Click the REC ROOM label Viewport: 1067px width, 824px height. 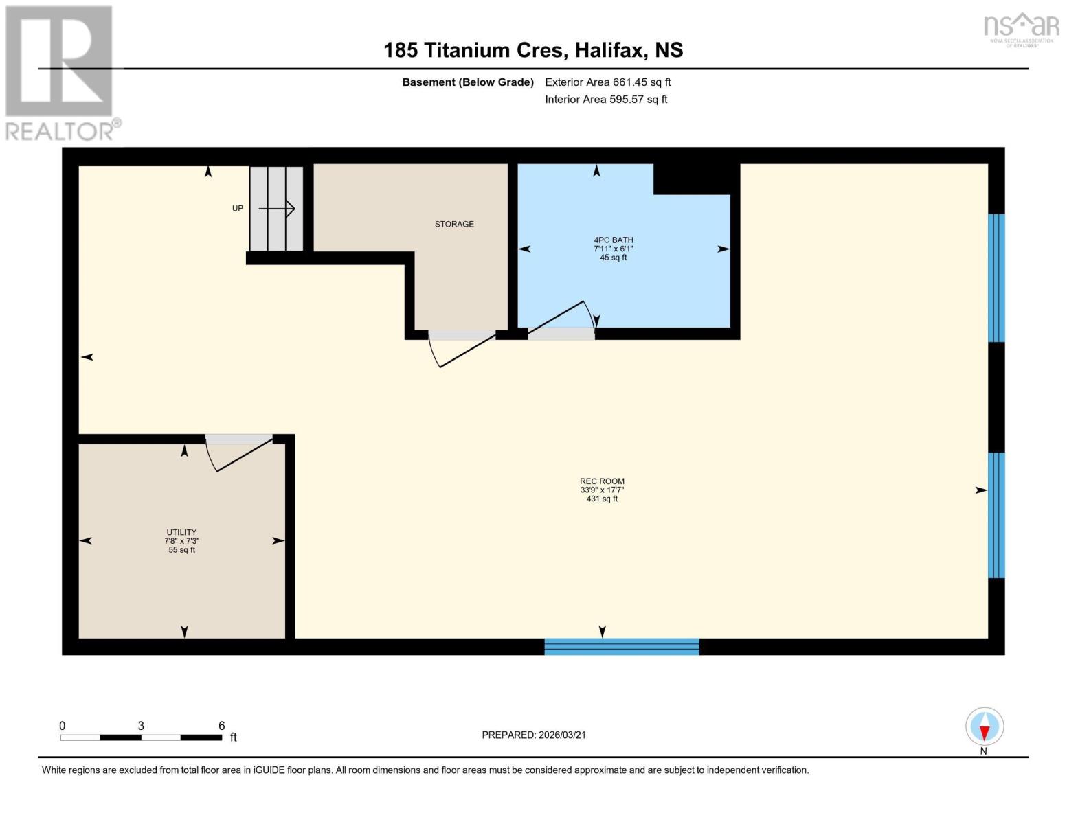(x=602, y=482)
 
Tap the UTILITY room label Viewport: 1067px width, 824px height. (x=181, y=533)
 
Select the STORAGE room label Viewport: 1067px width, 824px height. (x=454, y=225)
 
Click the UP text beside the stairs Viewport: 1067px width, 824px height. (x=238, y=209)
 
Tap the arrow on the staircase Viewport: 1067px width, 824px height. (x=277, y=208)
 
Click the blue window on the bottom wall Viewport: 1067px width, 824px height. (x=622, y=647)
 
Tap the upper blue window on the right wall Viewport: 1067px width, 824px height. (x=996, y=278)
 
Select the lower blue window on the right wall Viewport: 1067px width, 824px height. (x=996, y=515)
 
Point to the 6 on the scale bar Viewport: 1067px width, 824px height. (x=222, y=726)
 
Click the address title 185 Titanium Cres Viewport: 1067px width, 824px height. (x=533, y=50)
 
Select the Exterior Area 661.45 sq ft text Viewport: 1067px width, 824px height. (x=607, y=82)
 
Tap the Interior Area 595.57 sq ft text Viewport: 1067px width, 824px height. (x=606, y=100)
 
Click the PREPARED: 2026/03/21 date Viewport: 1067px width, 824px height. (x=534, y=735)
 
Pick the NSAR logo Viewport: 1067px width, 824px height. (x=1022, y=27)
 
